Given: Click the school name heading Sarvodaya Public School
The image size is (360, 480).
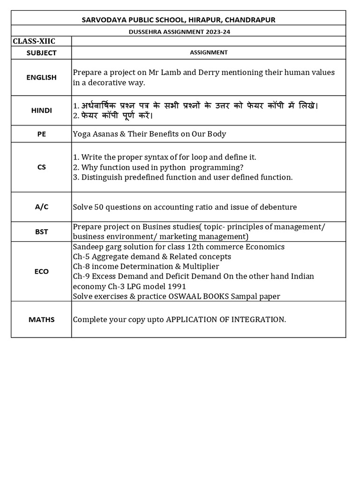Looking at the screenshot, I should tap(178, 19).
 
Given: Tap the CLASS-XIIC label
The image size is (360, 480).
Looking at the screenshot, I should tap(34, 41).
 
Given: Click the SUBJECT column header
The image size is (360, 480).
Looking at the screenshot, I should tap(41, 52).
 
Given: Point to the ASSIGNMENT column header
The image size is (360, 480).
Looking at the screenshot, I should tap(209, 52).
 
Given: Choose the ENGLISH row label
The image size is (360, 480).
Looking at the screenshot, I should tap(41, 77).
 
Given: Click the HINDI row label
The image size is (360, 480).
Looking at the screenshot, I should tap(41, 111).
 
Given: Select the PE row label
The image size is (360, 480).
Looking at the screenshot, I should tap(41, 134).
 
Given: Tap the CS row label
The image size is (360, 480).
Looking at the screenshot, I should tap(41, 167).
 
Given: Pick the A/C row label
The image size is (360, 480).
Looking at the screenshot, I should tap(41, 207).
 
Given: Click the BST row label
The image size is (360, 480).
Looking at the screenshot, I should tap(41, 232).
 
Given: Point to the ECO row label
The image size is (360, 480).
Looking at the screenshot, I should tap(41, 271).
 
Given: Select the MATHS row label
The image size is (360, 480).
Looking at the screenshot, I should tap(41, 320).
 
